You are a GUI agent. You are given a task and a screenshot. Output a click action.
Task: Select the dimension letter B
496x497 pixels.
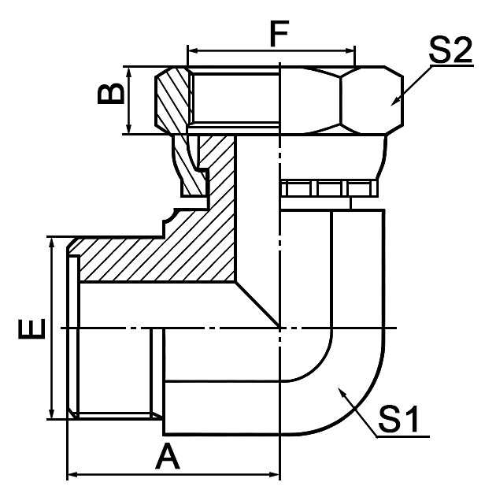tap(111, 94)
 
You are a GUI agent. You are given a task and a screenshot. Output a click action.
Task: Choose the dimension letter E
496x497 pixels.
tap(29, 326)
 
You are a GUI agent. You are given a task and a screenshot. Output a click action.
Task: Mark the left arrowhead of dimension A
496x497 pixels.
tap(73, 475)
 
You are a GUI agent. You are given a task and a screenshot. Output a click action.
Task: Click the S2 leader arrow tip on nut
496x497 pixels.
tap(392, 103)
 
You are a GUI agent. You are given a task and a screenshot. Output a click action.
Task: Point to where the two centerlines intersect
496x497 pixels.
tap(280, 327)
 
